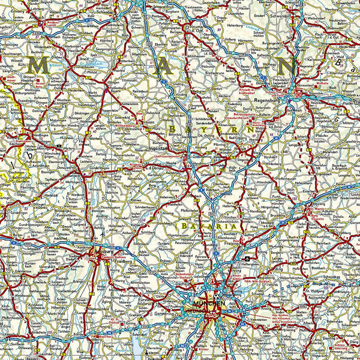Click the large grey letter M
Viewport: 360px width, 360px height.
click(x=41, y=66)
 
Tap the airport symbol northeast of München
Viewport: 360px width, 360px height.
click(x=247, y=259)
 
